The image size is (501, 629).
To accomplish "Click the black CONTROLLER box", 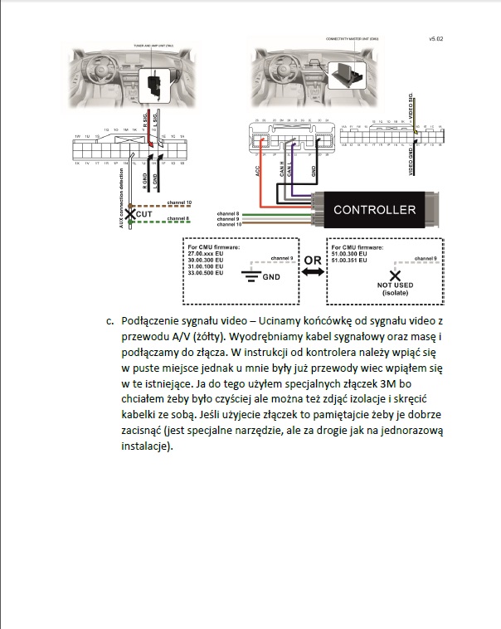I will [x=374, y=209].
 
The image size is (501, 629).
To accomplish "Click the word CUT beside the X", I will [x=143, y=214].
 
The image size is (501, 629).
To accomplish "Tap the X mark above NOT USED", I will [x=395, y=275].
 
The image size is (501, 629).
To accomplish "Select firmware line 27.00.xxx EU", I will [x=208, y=253].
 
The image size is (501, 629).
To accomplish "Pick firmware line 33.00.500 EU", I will [x=208, y=273].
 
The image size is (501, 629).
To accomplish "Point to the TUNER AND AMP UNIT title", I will [x=153, y=46].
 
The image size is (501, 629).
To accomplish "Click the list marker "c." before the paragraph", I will [x=109, y=320].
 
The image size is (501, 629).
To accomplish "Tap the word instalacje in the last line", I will [x=145, y=446].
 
